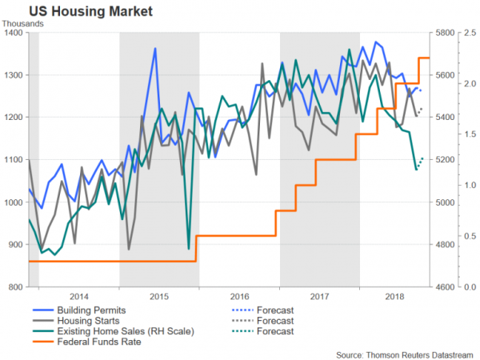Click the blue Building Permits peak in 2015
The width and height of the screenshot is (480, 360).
point(154,49)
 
